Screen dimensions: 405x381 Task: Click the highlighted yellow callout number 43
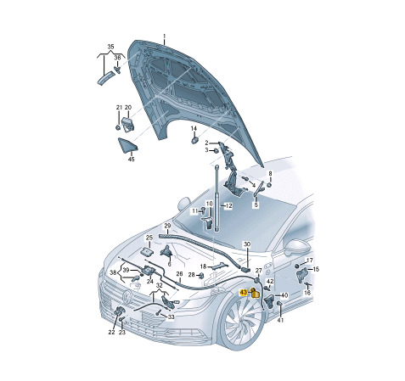[x=243, y=293]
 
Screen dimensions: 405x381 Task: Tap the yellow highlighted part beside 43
[x=255, y=294]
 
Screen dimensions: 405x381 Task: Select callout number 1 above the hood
[x=164, y=36]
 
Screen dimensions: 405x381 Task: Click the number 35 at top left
[x=110, y=47]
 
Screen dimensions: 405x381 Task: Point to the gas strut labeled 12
[x=217, y=198]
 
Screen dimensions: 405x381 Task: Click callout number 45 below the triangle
[x=131, y=160]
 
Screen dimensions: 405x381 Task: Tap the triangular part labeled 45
[x=127, y=145]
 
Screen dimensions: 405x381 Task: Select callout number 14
[x=194, y=129]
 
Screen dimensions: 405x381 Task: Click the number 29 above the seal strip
[x=167, y=226]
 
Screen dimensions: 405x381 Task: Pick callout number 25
[x=149, y=238]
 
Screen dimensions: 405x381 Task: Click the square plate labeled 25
[x=148, y=251]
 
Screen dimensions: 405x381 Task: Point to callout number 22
[x=111, y=332]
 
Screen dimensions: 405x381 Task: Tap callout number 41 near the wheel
[x=280, y=320]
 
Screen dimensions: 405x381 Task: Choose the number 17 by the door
[x=310, y=261]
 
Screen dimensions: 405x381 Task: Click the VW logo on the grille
[x=128, y=297]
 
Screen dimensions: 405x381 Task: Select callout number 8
[x=270, y=173]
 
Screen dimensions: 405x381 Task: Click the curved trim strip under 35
[x=105, y=78]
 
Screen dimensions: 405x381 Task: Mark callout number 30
[x=247, y=244]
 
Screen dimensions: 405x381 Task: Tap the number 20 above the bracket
[x=128, y=108]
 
